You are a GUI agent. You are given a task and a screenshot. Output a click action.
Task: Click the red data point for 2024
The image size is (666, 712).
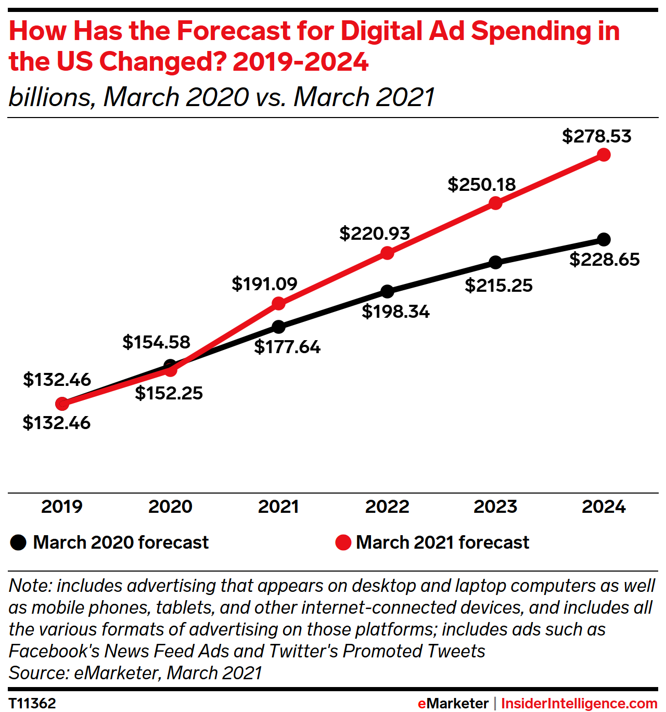(x=604, y=155)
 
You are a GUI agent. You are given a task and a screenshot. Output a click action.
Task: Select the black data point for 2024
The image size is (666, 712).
(x=604, y=240)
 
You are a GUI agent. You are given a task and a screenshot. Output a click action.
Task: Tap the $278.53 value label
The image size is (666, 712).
(x=596, y=136)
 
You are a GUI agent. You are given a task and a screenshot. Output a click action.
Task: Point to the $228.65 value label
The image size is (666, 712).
(x=604, y=260)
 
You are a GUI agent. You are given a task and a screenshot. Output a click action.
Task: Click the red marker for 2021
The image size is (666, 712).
(x=279, y=303)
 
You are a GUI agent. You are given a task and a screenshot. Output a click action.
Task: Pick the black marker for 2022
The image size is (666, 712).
(x=387, y=291)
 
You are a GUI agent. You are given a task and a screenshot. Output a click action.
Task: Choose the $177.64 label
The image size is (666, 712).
(x=287, y=347)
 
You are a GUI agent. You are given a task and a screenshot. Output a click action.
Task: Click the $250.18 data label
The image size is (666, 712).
(x=481, y=185)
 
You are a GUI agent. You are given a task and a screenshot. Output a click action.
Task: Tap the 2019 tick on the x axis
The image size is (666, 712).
(x=62, y=507)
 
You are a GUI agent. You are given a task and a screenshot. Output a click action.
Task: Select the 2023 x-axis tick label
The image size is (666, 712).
(x=495, y=507)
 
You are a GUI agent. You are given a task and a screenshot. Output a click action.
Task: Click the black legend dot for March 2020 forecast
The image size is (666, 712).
(x=18, y=542)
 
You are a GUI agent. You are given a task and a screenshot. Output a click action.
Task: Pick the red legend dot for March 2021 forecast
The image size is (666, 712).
(x=343, y=542)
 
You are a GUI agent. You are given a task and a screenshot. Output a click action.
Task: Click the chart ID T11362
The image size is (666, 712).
(x=32, y=704)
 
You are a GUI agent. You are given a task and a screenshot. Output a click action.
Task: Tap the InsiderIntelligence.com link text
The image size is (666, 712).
(x=579, y=704)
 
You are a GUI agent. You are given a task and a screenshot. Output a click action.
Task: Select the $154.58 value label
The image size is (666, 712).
(x=156, y=342)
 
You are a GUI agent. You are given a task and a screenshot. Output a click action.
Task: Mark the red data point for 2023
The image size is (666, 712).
(x=495, y=203)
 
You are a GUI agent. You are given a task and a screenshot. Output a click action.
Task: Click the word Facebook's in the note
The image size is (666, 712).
(x=54, y=651)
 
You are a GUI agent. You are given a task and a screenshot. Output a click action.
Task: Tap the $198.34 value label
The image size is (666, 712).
(x=395, y=312)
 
